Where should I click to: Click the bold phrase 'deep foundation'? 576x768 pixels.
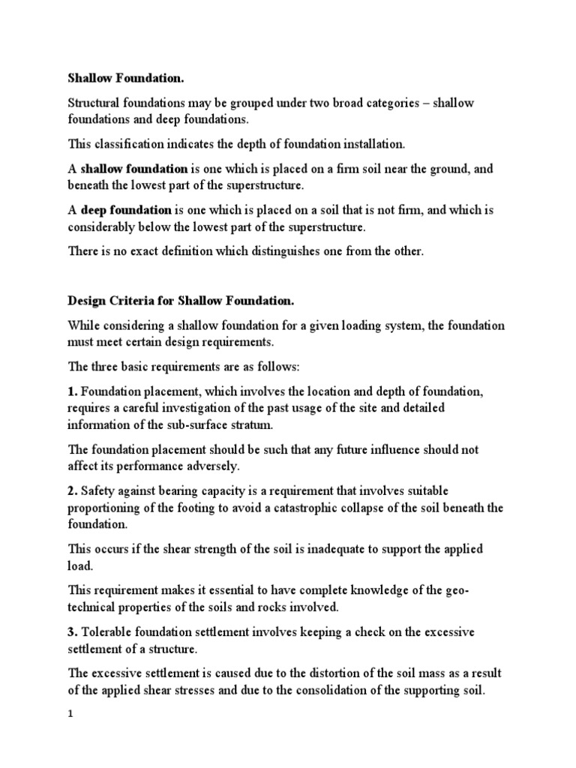click(x=127, y=210)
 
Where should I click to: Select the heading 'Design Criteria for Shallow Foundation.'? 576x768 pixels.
click(x=181, y=301)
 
